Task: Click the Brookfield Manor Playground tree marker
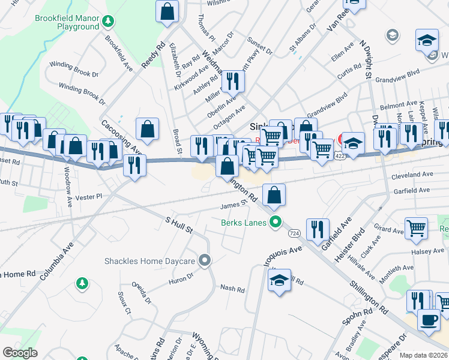(108, 23)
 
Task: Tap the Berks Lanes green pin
(276, 223)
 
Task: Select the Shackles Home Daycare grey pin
(205, 260)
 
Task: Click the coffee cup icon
(428, 319)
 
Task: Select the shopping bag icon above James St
(274, 194)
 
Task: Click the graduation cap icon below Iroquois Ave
(279, 281)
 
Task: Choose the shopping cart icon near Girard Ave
(416, 227)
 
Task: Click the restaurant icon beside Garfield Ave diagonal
(317, 229)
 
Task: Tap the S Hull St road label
(179, 226)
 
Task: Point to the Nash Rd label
(232, 289)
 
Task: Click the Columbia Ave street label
(57, 262)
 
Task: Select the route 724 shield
(294, 232)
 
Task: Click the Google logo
(20, 353)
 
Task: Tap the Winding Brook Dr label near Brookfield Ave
(74, 74)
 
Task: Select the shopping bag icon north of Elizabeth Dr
(167, 10)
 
